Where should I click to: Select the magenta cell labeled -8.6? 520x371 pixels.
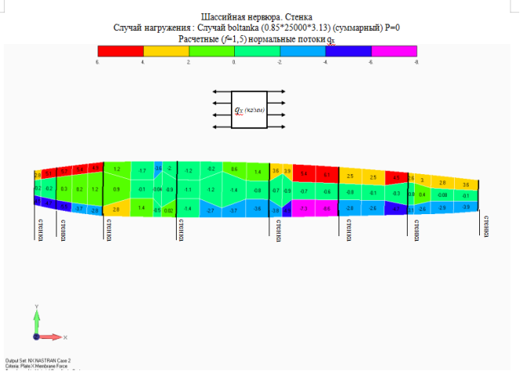point(325,209)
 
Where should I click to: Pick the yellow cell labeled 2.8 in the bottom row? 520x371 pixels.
point(116,209)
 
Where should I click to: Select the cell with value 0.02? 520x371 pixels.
point(168,210)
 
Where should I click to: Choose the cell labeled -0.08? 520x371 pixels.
point(442,195)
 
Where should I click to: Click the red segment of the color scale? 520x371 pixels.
point(120,49)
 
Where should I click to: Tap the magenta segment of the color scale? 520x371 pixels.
point(394,49)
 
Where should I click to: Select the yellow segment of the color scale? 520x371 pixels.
point(166,49)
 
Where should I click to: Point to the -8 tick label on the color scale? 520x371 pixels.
point(416,60)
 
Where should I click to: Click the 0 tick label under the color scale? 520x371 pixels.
point(234,60)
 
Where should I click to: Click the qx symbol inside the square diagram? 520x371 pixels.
point(238,111)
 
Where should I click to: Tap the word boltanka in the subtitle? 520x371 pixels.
point(233,27)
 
